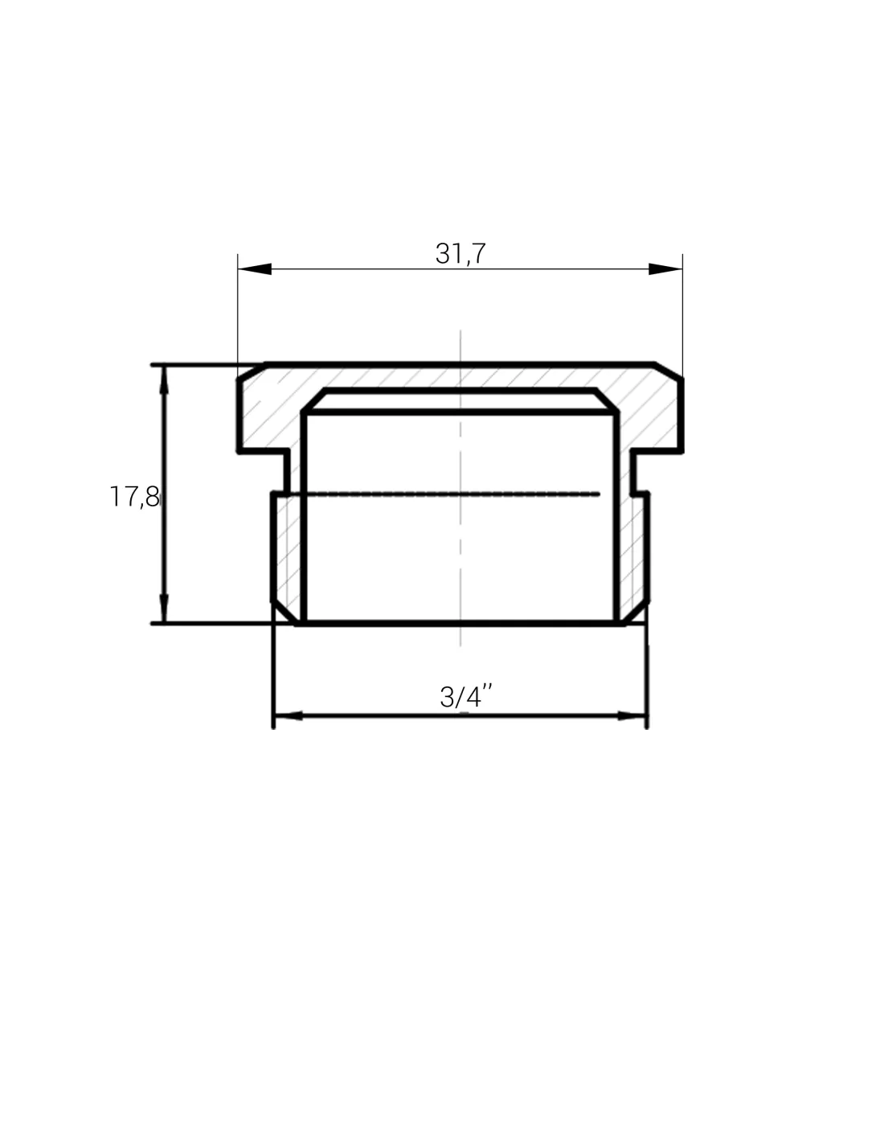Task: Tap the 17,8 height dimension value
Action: [134, 496]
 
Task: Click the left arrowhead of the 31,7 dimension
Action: [255, 268]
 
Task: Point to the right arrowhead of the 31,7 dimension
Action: [665, 268]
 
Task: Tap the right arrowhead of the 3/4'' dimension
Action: [632, 715]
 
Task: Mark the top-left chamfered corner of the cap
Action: [251, 371]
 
